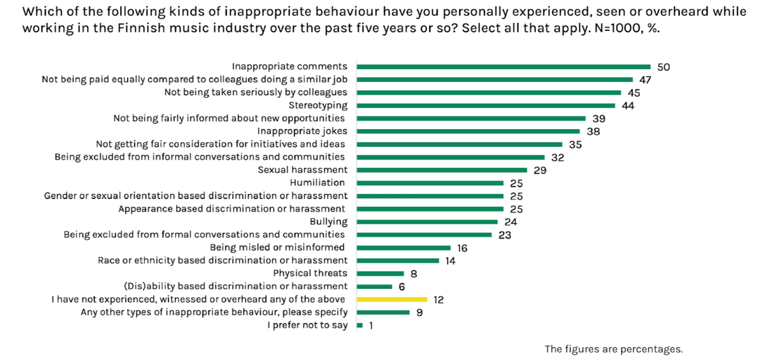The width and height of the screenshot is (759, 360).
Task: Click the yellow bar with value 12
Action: pos(392,299)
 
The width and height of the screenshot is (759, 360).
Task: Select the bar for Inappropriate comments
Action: pos(503,67)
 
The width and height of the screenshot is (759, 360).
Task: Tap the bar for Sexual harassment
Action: pos(442,170)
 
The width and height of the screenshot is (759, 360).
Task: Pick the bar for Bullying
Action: pos(427,222)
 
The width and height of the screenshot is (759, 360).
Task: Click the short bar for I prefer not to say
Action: pos(360,325)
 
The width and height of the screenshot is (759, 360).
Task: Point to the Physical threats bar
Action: pos(380,274)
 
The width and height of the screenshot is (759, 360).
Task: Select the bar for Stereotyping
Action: pos(486,106)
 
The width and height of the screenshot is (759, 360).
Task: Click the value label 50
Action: pos(663,67)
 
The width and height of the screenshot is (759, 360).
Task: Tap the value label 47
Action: pos(645,80)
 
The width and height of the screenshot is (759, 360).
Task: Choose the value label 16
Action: pos(462,248)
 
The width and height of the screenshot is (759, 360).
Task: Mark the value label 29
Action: pos(540,171)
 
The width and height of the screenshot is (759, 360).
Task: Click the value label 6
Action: pos(401,287)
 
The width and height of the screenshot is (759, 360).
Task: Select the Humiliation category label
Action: pos(317,183)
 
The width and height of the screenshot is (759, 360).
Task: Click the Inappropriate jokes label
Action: pos(302,131)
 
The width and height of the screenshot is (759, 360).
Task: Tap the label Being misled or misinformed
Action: pos(277,248)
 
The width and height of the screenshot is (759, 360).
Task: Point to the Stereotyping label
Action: pos(318,105)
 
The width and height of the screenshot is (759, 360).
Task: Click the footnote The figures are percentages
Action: pos(613,349)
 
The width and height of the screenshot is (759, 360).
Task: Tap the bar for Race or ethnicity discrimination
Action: pos(398,261)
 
